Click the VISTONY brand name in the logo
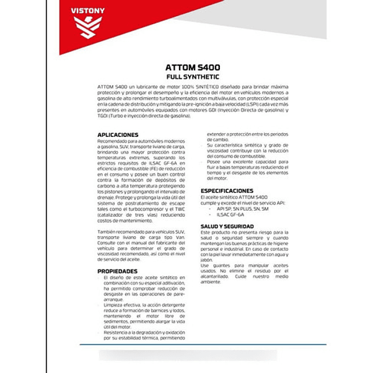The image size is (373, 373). click(87, 11)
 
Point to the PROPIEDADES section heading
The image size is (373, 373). click(117, 271)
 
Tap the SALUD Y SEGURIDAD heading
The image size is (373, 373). click(227, 227)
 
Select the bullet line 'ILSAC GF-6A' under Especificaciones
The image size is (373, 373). click(229, 214)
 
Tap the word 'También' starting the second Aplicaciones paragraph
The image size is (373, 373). click(107, 230)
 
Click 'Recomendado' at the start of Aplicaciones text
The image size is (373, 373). click(111, 141)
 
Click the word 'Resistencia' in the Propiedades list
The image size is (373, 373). click(116, 333)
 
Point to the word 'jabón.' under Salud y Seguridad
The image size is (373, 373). click(208, 260)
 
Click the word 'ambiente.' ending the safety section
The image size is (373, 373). click(211, 282)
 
